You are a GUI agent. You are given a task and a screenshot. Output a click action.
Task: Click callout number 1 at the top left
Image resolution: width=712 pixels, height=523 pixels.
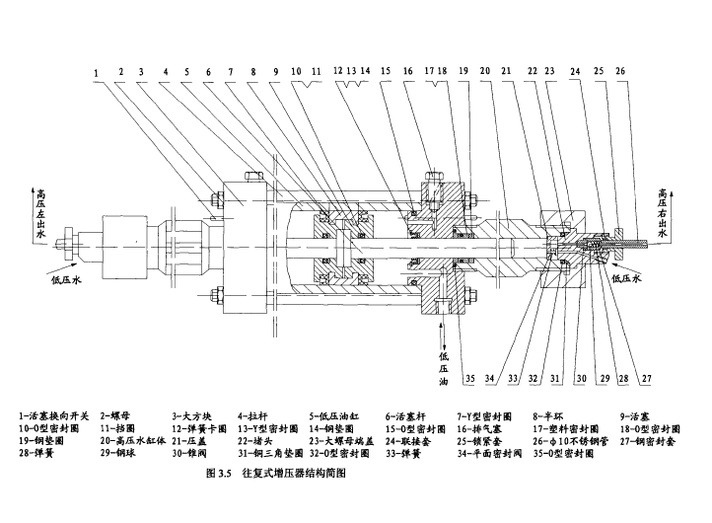(97, 72)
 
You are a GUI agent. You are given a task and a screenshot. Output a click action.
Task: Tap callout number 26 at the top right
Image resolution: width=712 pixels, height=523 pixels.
(619, 72)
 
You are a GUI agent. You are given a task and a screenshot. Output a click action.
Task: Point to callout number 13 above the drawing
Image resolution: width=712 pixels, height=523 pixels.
(352, 72)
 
